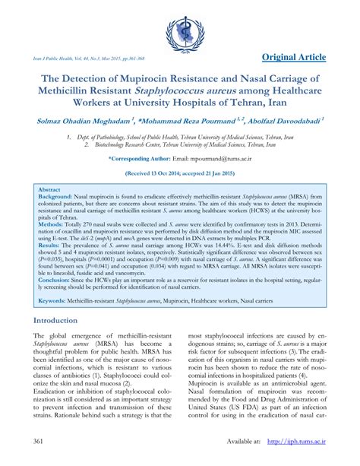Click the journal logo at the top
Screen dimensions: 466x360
tap(179, 32)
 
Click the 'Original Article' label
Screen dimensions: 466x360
tap(305, 58)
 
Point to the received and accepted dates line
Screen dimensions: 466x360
tap(179, 173)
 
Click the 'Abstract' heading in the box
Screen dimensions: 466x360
tap(49, 189)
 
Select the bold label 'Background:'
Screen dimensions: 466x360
tap(58, 196)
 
